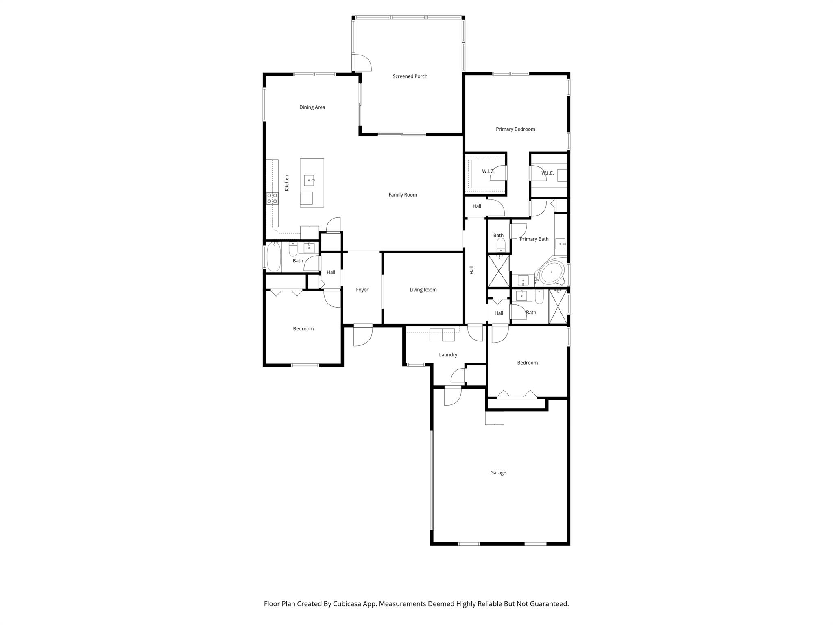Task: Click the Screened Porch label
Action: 410,76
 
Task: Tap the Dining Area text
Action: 312,107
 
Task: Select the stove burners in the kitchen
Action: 272,199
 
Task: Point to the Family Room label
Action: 403,195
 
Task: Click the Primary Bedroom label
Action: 515,129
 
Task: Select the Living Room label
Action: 423,290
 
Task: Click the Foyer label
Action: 362,290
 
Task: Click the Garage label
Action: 498,473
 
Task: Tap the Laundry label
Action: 448,355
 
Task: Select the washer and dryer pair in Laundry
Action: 442,335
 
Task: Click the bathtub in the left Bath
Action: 274,256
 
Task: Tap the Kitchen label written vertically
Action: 287,183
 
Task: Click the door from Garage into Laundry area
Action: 452,396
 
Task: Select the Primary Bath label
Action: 534,239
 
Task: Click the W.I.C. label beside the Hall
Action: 488,171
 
